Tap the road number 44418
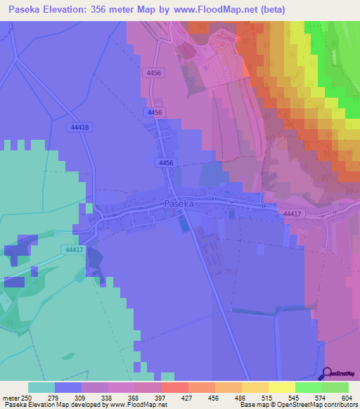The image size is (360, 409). coord(80,127)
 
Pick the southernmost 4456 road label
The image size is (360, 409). coord(166,162)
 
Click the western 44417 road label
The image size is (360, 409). coord(73,249)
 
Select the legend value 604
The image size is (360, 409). coord(340,398)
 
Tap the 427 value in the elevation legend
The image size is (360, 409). coord(167,398)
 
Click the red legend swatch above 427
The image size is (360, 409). coord(174,387)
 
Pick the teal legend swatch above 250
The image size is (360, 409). coord(41,387)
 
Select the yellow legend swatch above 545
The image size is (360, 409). coord(281,387)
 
